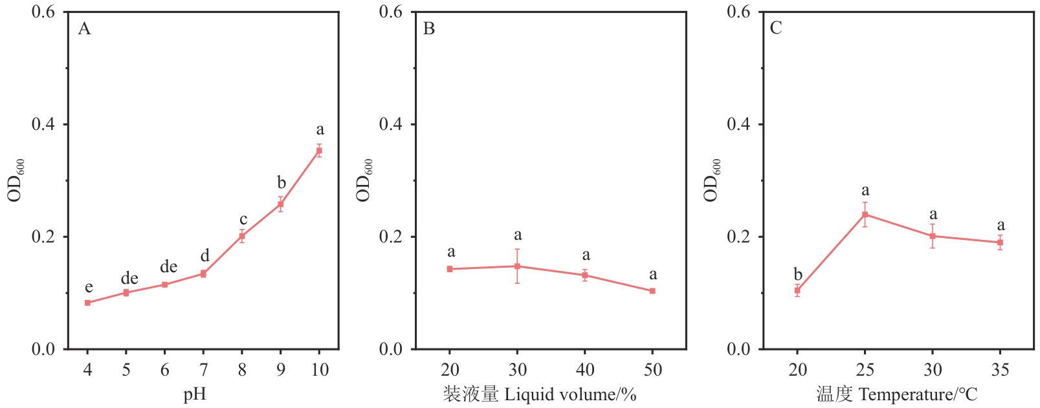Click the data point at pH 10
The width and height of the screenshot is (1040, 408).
(x=319, y=151)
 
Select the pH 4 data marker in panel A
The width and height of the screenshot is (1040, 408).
(x=87, y=303)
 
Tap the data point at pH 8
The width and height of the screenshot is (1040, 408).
(x=242, y=236)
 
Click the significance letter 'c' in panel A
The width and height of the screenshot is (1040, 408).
(x=243, y=220)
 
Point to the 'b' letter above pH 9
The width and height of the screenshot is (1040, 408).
(x=282, y=183)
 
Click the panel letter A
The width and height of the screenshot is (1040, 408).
(x=84, y=28)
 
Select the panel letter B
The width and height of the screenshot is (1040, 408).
(x=429, y=28)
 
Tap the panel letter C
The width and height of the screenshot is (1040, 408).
(x=776, y=28)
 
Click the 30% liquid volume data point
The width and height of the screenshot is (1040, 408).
(x=517, y=266)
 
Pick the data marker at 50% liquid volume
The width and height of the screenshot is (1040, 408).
(x=652, y=291)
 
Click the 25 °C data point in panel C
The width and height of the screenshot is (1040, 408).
(x=865, y=214)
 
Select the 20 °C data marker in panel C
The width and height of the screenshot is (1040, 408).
(x=797, y=290)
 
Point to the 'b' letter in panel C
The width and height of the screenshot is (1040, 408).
(x=798, y=274)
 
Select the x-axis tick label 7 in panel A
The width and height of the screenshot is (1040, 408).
(x=203, y=370)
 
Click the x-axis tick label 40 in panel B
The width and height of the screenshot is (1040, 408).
(x=585, y=370)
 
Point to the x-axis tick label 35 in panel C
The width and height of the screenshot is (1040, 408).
(x=1000, y=370)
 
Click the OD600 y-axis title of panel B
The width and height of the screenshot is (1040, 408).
(x=365, y=180)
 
